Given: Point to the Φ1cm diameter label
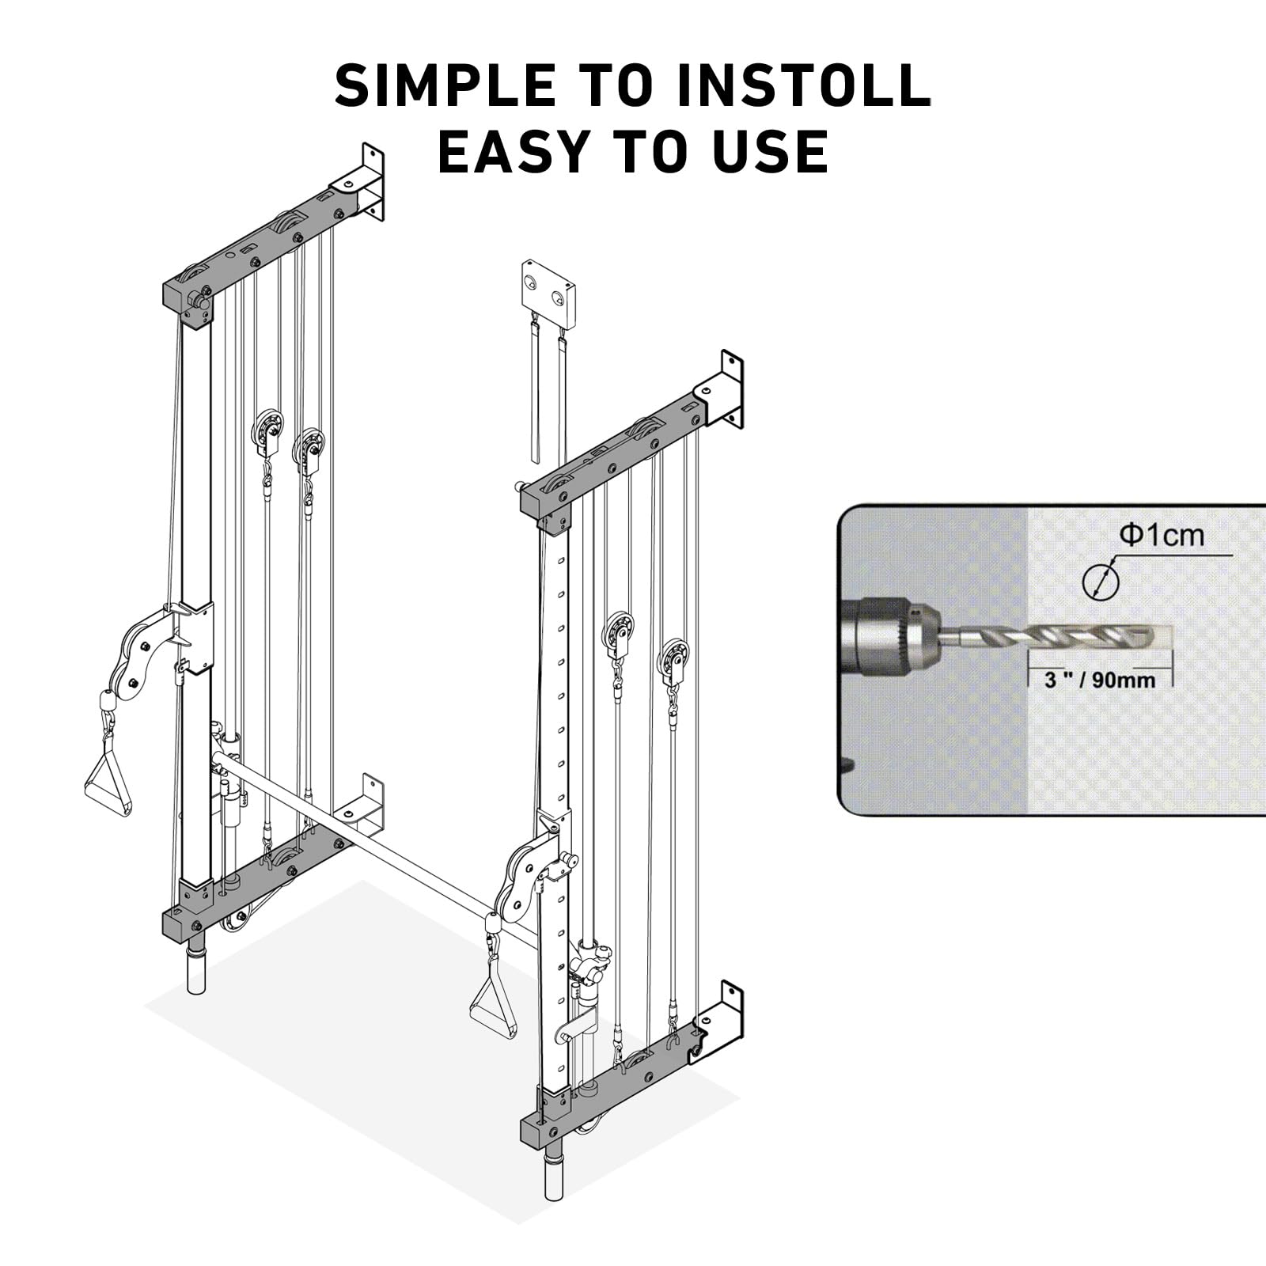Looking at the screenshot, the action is pyautogui.click(x=1161, y=536).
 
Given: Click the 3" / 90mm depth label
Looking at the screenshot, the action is pyautogui.click(x=1100, y=680).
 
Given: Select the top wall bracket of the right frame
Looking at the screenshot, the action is pyautogui.click(x=719, y=391).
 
